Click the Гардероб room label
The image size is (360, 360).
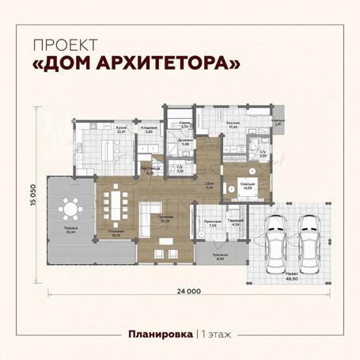click(235, 223)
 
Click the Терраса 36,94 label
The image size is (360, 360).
click(70, 231)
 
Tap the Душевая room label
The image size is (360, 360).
click(185, 142)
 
